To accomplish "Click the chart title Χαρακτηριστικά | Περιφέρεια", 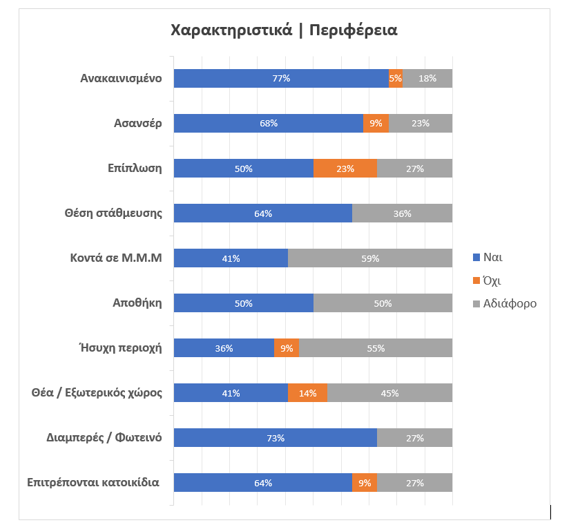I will click(284, 31).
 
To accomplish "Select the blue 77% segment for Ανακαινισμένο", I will click(281, 79).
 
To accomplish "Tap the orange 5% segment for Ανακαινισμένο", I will click(396, 79).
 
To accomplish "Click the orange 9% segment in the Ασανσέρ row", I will click(376, 124).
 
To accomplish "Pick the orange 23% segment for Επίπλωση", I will click(345, 169).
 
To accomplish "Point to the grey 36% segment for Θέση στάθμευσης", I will click(402, 213).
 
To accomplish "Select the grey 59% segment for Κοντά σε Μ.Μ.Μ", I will click(370, 258).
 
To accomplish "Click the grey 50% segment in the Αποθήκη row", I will click(383, 303).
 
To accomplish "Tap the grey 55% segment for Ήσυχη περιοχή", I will click(376, 348).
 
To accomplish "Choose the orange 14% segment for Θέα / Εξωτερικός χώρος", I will click(307, 393).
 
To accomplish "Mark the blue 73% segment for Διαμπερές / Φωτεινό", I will click(276, 438).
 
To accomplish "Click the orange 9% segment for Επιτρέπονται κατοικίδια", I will click(364, 483).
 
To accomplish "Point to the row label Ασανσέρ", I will click(137, 124).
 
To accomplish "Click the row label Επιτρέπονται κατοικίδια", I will click(93, 482).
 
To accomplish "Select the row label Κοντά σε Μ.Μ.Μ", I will click(115, 258).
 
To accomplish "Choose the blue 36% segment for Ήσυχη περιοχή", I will click(224, 348).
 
